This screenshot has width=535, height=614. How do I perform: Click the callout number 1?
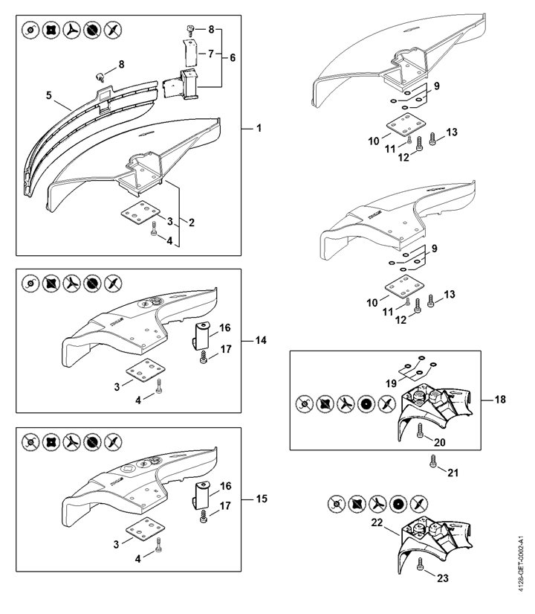click(x=259, y=129)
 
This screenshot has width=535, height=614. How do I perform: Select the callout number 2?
click(x=191, y=222)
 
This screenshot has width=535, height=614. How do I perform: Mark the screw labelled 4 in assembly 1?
click(x=154, y=231)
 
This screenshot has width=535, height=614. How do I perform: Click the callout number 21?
click(x=453, y=471)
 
